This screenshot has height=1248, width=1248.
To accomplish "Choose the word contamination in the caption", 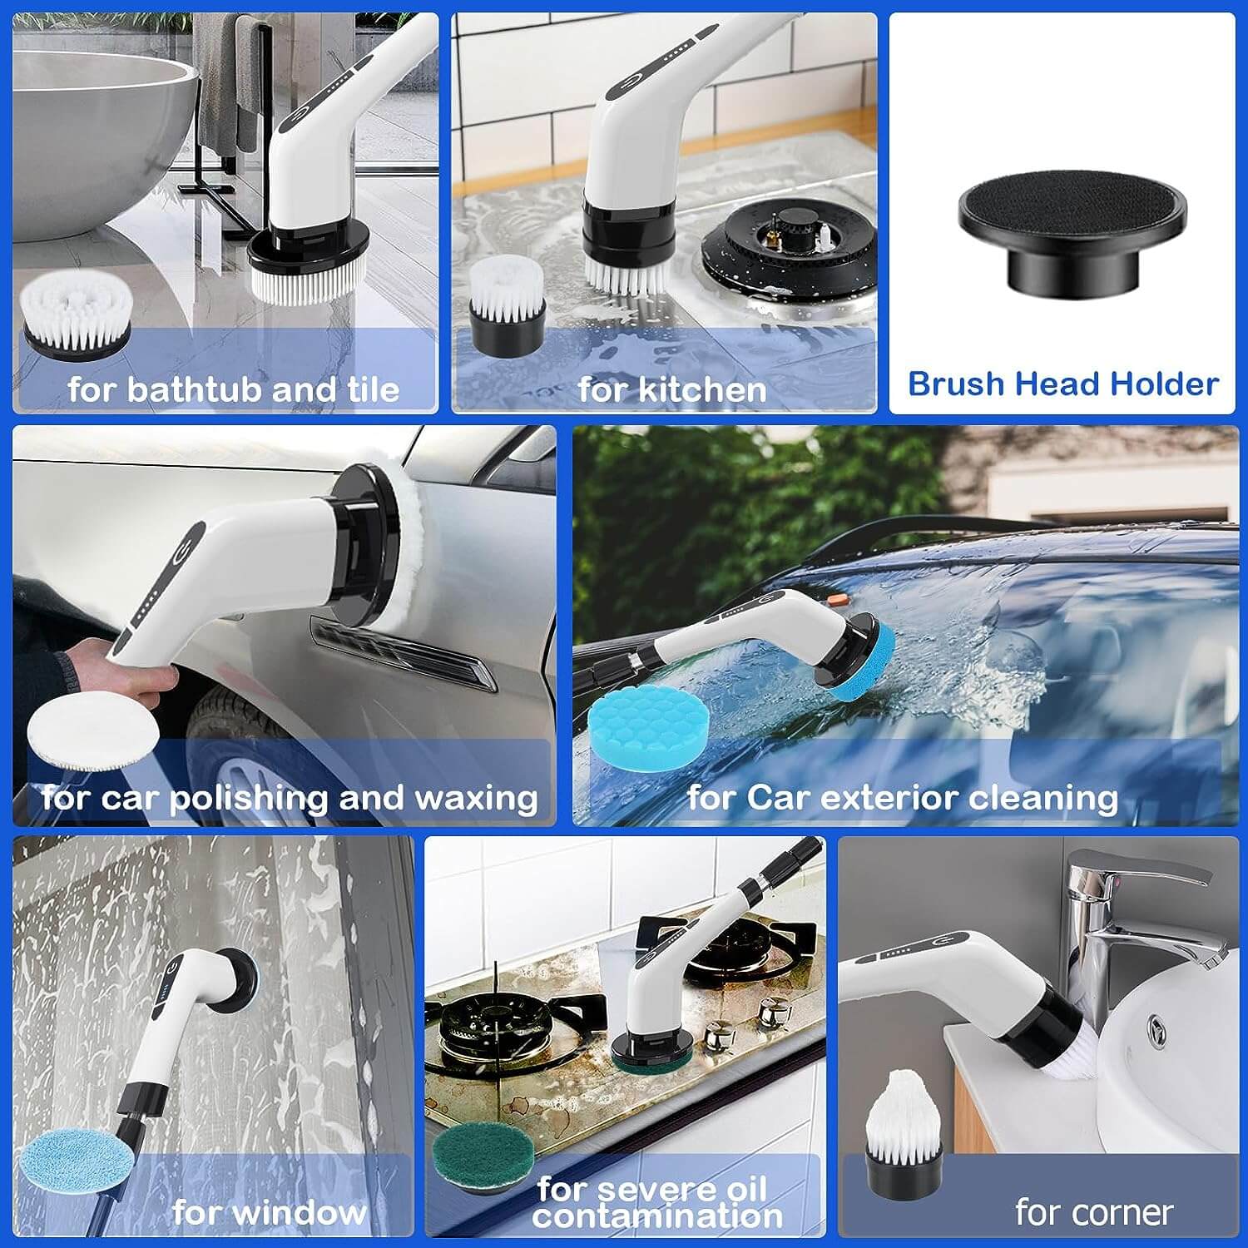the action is [x=657, y=1216].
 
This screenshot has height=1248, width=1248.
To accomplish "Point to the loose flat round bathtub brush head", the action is [x=76, y=317].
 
